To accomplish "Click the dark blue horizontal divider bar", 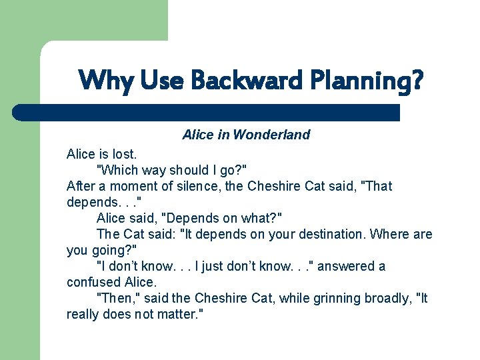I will tap(207, 112).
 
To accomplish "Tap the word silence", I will tap(200, 186).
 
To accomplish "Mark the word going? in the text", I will tap(115, 250).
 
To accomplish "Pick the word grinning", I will tap(331, 298).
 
